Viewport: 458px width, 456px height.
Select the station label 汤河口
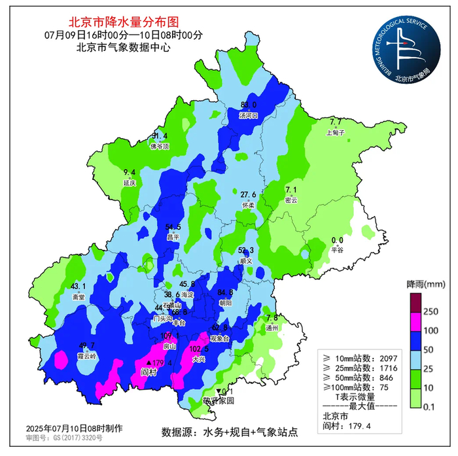249,116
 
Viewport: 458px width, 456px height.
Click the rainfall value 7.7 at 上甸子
336,122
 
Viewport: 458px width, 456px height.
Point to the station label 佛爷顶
160,147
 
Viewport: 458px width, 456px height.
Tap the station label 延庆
130,183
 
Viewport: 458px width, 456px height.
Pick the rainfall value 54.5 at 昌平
173,227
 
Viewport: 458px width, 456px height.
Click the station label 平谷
337,250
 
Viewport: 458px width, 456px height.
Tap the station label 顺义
246,260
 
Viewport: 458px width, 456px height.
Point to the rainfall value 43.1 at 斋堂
79,286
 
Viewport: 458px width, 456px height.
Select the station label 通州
273,327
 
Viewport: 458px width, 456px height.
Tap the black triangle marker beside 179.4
149,362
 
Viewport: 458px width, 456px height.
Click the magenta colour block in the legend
414,322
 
